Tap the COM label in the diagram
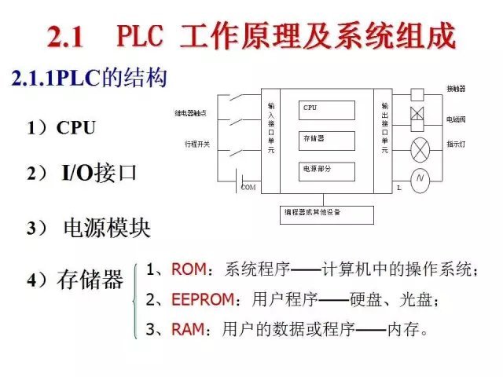[x=248, y=187]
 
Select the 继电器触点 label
[x=191, y=113]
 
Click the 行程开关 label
[x=196, y=145]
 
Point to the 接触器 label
[x=456, y=87]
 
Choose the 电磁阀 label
[x=456, y=119]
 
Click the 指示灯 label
[x=456, y=145]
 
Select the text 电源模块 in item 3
[x=108, y=229]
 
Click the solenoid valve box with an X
[x=417, y=116]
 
